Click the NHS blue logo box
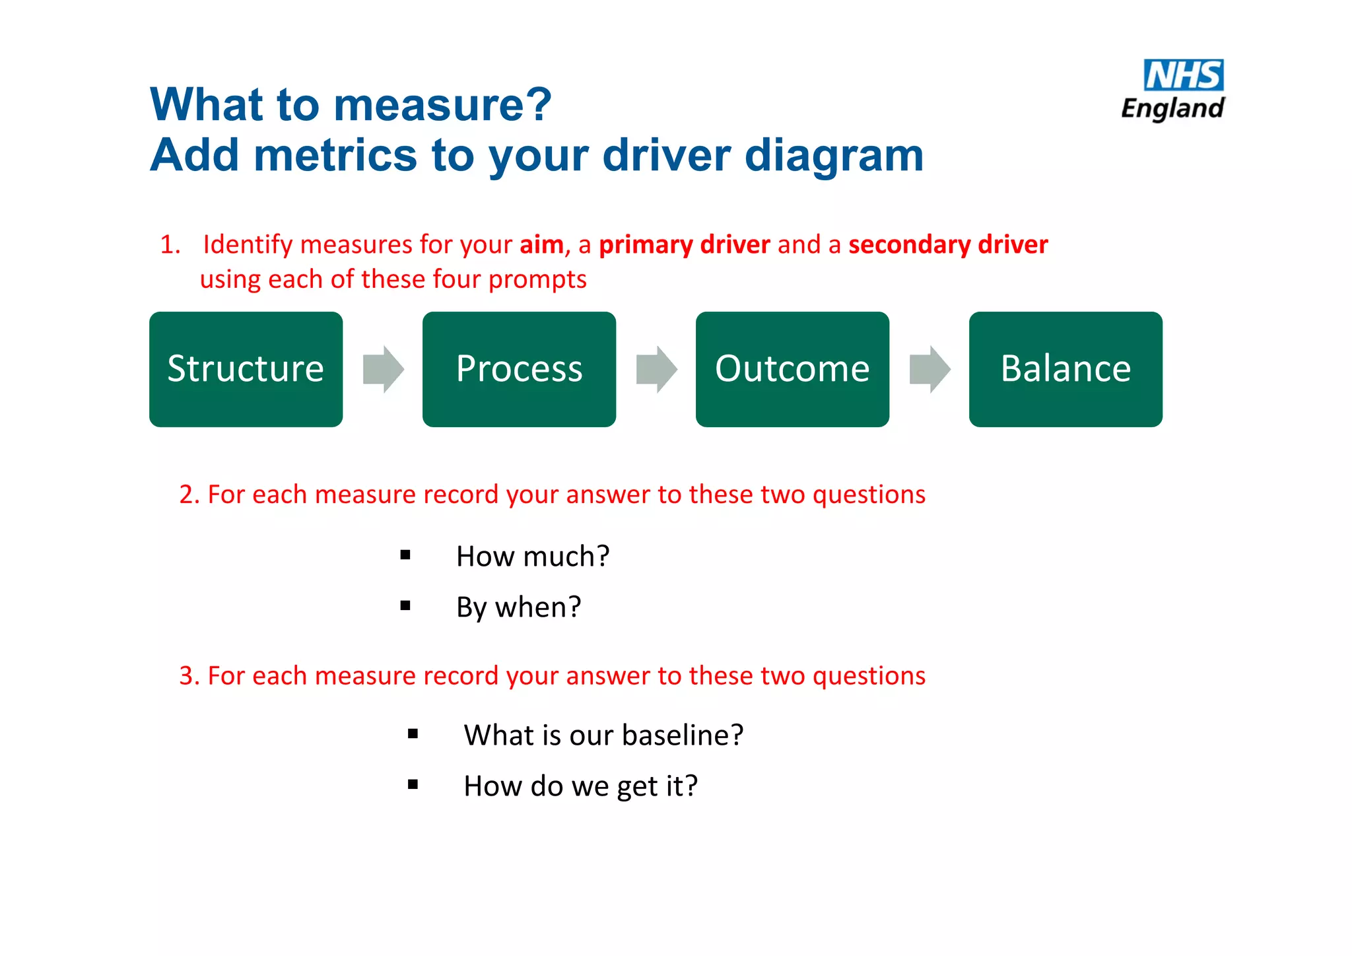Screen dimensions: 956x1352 click(1183, 75)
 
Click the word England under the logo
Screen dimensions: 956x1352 click(1172, 109)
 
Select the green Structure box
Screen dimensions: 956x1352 click(246, 369)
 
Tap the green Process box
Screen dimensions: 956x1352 click(519, 369)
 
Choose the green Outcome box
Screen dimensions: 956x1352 click(792, 369)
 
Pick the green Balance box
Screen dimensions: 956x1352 click(1065, 369)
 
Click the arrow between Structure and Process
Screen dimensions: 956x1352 click(384, 369)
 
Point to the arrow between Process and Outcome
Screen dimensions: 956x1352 click(657, 369)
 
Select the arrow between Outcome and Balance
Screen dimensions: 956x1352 click(930, 369)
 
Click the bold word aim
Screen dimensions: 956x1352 click(541, 245)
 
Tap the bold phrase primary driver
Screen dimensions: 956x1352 click(684, 245)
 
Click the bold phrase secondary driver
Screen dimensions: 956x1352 click(948, 245)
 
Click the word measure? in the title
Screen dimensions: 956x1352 click(442, 106)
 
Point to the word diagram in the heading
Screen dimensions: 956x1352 click(834, 156)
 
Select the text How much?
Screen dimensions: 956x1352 click(533, 557)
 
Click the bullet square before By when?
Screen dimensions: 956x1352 click(405, 605)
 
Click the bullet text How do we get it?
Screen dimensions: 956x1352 click(580, 786)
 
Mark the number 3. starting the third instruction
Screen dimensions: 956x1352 click(189, 676)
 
